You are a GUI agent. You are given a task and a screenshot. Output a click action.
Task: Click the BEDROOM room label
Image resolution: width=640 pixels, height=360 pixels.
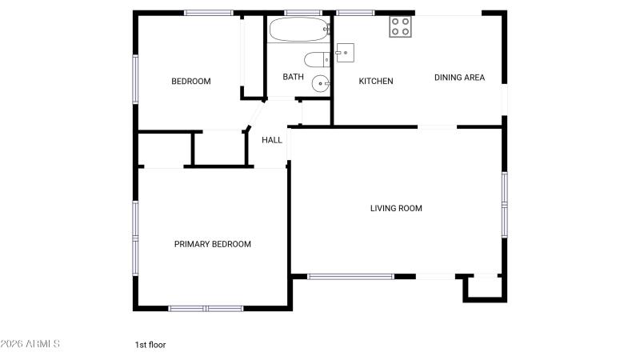tap(191, 82)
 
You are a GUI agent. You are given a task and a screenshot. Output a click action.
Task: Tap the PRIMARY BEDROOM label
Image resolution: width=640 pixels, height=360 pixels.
tap(213, 244)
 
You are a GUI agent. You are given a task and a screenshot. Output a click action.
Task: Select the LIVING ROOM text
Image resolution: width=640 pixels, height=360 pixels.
tap(396, 208)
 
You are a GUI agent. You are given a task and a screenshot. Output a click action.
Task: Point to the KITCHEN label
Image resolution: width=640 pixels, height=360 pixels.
tap(376, 82)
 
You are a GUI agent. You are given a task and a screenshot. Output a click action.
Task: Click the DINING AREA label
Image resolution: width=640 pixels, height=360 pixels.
tap(459, 78)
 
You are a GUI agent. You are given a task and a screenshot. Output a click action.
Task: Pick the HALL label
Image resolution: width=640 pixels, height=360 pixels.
tap(272, 140)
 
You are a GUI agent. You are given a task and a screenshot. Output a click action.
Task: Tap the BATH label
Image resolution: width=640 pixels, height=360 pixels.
tap(293, 77)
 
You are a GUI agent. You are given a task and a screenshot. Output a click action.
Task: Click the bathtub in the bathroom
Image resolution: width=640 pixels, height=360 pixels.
tap(299, 29)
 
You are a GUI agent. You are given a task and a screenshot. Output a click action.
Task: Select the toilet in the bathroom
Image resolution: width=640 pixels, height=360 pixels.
tap(317, 59)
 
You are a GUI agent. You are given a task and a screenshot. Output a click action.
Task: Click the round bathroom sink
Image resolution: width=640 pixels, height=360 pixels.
tap(321, 84)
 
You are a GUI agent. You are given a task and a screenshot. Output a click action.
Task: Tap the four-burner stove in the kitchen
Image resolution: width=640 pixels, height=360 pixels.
tap(400, 26)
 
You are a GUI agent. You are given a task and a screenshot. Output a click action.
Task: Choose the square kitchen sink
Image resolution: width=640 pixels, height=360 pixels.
tap(345, 53)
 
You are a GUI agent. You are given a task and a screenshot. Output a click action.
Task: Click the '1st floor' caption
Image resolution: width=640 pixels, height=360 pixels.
tap(150, 345)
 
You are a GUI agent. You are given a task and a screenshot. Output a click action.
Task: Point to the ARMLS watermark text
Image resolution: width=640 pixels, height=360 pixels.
tap(30, 344)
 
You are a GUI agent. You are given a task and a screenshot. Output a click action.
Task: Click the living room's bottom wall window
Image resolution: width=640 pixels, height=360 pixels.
tap(350, 277)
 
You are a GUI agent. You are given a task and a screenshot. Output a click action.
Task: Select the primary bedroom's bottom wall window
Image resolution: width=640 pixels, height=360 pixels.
tap(206, 309)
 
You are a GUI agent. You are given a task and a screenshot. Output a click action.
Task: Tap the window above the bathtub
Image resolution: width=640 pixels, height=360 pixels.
tap(303, 13)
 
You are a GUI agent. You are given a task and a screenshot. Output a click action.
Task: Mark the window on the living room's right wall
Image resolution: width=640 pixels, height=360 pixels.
tap(505, 205)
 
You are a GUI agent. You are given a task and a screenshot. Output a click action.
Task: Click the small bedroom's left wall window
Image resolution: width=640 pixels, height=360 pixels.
tap(135, 78)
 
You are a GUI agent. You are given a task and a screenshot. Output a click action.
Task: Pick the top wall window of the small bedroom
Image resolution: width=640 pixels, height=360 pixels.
tap(209, 13)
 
